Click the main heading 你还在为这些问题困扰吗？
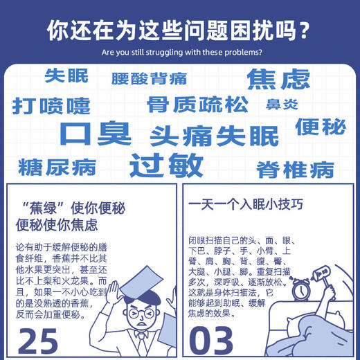click(179, 30)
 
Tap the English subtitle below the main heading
click(179, 52)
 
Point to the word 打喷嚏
click(51, 106)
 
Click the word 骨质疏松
click(197, 105)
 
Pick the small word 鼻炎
click(282, 105)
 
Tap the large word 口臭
click(95, 133)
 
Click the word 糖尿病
click(57, 167)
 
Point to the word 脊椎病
click(295, 168)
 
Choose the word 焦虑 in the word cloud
click(278, 79)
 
